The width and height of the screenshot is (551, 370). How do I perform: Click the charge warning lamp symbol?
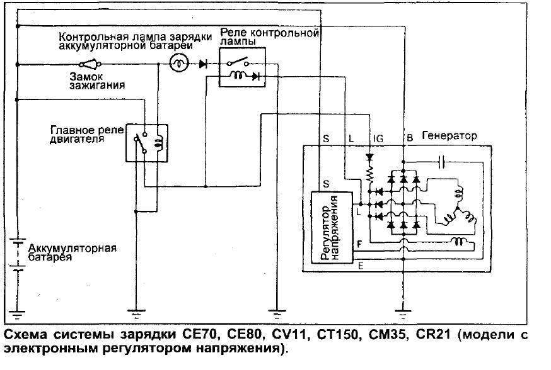point(178,64)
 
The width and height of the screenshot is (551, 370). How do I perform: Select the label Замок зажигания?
point(90,80)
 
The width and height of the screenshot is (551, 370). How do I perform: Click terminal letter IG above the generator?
point(378,137)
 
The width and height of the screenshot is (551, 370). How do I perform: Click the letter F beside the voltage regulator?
point(359,242)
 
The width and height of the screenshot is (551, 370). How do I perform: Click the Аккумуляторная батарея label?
point(71,253)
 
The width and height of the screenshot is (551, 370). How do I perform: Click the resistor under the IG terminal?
point(370,171)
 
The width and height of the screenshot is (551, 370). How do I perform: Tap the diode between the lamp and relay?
point(204,64)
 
